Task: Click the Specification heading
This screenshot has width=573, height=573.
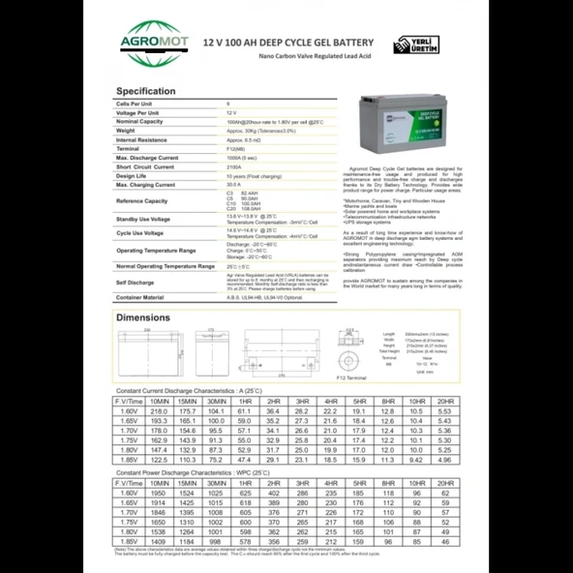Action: coord(146,92)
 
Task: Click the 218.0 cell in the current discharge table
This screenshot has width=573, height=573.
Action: coord(160,411)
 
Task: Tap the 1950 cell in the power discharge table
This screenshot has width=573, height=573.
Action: coord(160,492)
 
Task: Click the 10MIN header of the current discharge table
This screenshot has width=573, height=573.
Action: coord(160,400)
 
